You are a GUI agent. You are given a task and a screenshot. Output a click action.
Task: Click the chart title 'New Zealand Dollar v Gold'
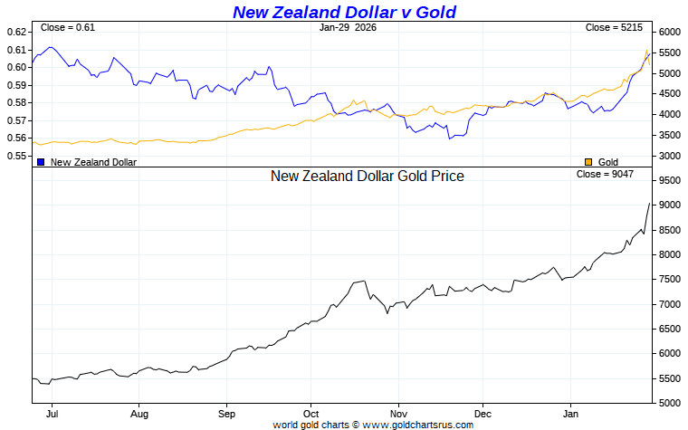pos(344,12)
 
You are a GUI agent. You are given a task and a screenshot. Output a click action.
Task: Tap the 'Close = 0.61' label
pos(68,27)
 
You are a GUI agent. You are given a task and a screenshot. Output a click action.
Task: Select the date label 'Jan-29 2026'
pos(349,27)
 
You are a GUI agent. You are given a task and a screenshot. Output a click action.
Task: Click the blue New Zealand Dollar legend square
pos(41,162)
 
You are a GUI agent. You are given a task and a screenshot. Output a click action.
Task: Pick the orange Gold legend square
pos(588,162)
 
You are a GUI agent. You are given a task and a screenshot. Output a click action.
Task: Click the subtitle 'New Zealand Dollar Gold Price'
pos(367,176)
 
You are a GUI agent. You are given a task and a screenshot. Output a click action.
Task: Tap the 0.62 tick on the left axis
pos(16,32)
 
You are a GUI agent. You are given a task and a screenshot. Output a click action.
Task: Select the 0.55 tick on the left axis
pos(16,156)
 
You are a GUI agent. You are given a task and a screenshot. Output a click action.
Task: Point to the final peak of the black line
pos(649,203)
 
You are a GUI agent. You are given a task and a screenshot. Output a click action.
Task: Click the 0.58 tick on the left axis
pos(16,102)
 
